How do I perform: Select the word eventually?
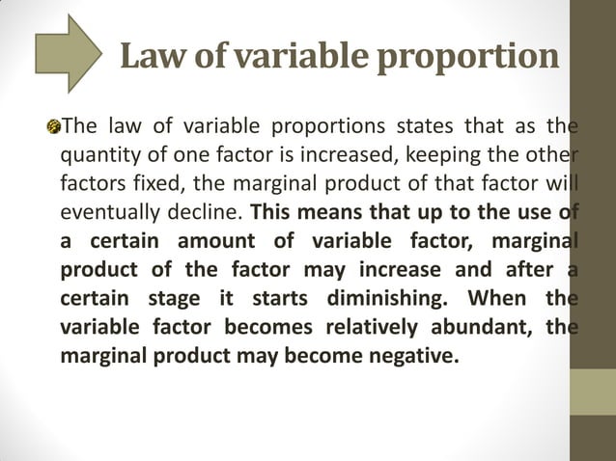point(105,212)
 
